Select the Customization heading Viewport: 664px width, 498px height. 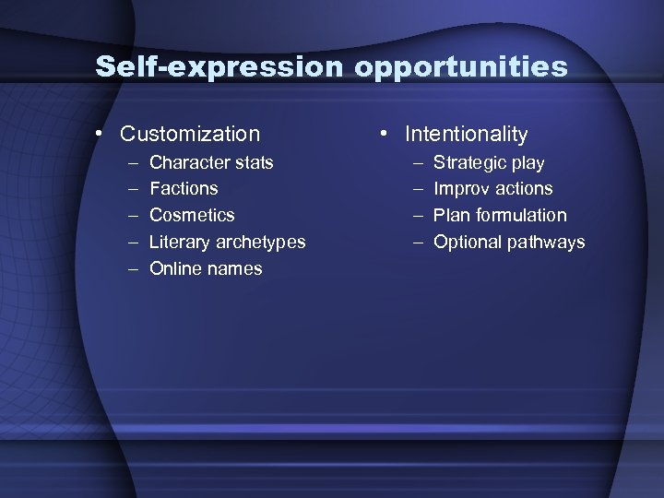click(x=190, y=134)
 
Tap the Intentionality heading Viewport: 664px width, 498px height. click(x=466, y=134)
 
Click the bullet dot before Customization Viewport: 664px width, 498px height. click(x=98, y=134)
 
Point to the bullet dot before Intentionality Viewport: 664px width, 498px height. click(x=382, y=134)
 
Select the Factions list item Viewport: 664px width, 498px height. click(x=184, y=188)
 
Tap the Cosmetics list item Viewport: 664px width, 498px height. click(x=192, y=215)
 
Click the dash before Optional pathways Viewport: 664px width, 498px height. click(x=417, y=242)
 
